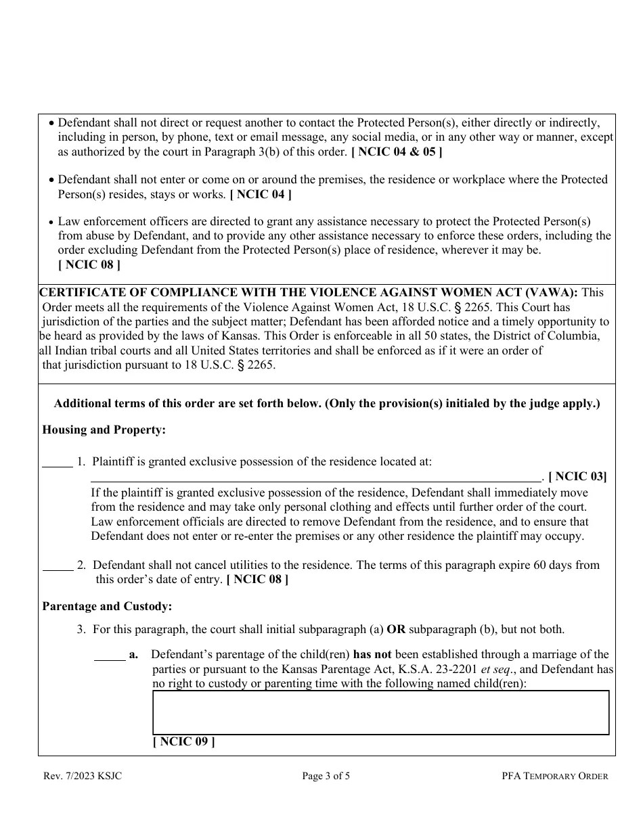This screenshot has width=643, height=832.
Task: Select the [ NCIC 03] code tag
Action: pos(577,476)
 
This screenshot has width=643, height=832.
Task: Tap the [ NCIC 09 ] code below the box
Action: pos(184,742)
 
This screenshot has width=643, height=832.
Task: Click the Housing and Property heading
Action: pos(104,430)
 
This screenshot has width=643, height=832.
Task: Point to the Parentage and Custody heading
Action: pos(107,607)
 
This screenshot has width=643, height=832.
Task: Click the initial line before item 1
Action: pos(58,465)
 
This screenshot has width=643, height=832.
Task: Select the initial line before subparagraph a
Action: pos(109,658)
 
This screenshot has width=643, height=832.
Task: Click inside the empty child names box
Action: pos(380,712)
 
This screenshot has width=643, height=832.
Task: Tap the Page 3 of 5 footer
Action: pos(326,777)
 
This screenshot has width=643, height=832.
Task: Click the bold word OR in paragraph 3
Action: pos(396,629)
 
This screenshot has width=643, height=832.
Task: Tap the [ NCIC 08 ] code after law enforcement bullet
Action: pos(89,265)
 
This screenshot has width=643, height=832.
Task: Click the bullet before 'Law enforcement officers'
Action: pos(52,222)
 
